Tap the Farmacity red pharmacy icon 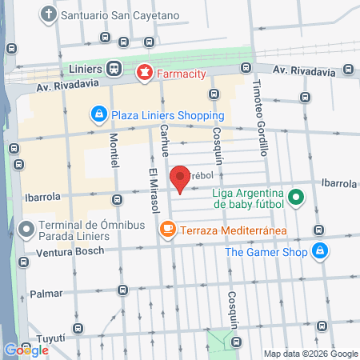[144, 73]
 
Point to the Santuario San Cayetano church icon [49, 14]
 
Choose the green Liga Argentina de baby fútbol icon [296, 197]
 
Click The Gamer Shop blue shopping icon [319, 252]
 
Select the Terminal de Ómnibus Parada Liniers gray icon [27, 230]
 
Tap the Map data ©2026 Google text [311, 354]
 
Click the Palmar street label [46, 294]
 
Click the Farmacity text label [182, 74]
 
